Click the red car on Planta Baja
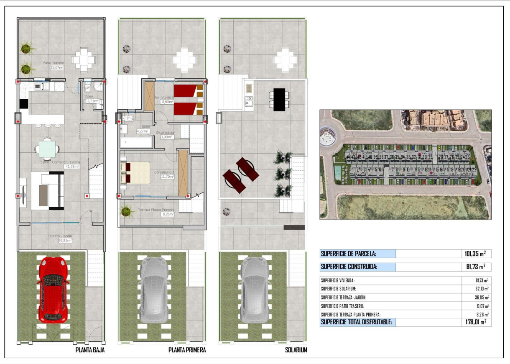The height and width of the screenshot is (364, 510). pos(53,290)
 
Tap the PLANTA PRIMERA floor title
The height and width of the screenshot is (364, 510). pos(187,350)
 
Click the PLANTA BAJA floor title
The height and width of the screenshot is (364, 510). pos(90,350)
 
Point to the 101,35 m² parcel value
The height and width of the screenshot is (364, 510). pos(476,254)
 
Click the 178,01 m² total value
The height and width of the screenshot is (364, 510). pos(476,322)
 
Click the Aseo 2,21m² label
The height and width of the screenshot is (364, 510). pos(92,99)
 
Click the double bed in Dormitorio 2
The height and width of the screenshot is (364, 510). pos(135,173)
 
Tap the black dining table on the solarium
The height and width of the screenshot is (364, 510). pos(279,100)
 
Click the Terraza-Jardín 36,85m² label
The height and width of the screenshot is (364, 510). pos(59,238)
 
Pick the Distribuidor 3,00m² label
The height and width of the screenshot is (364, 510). pos(165,135)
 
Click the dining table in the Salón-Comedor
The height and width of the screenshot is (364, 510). pos(47,148)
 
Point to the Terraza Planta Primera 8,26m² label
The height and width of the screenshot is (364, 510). pos(156,212)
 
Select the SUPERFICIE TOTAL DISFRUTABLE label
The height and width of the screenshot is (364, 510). pos(357,322)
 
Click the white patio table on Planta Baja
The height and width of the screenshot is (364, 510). pos(84,60)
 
